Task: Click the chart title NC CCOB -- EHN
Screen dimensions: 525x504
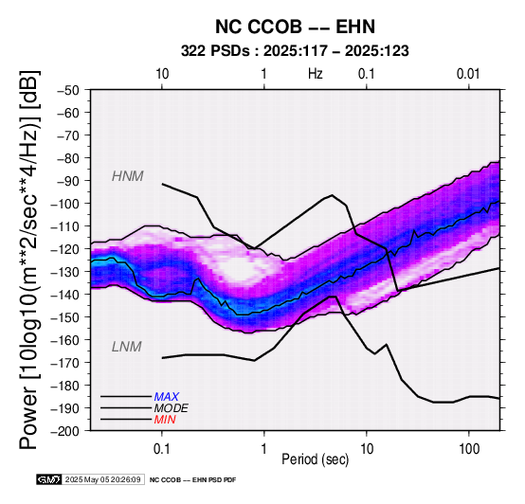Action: click(x=295, y=27)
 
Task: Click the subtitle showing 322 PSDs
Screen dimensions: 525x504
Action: click(x=295, y=51)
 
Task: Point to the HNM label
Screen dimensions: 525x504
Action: click(x=128, y=176)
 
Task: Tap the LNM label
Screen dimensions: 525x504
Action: click(x=127, y=347)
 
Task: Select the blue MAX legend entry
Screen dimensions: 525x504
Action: click(x=167, y=397)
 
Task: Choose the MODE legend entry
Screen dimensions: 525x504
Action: click(x=172, y=408)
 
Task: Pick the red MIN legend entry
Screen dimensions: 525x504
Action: click(x=165, y=420)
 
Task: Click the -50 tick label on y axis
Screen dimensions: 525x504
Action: click(x=68, y=90)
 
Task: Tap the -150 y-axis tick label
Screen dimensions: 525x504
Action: click(x=64, y=317)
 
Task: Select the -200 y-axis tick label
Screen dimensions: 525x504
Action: click(x=64, y=431)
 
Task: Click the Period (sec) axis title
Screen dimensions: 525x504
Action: click(x=315, y=459)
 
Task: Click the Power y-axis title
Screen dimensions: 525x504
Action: click(x=29, y=261)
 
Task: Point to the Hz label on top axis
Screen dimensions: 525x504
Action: click(x=316, y=74)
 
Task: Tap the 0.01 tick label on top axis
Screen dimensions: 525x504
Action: click(x=468, y=74)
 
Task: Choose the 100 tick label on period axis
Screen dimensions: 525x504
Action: click(x=469, y=449)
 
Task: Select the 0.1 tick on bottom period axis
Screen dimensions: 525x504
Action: click(x=162, y=449)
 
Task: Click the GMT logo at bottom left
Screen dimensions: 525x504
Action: click(x=49, y=479)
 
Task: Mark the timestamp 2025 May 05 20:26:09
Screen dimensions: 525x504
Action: click(x=102, y=480)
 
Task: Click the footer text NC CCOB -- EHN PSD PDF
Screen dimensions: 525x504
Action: click(x=193, y=480)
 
